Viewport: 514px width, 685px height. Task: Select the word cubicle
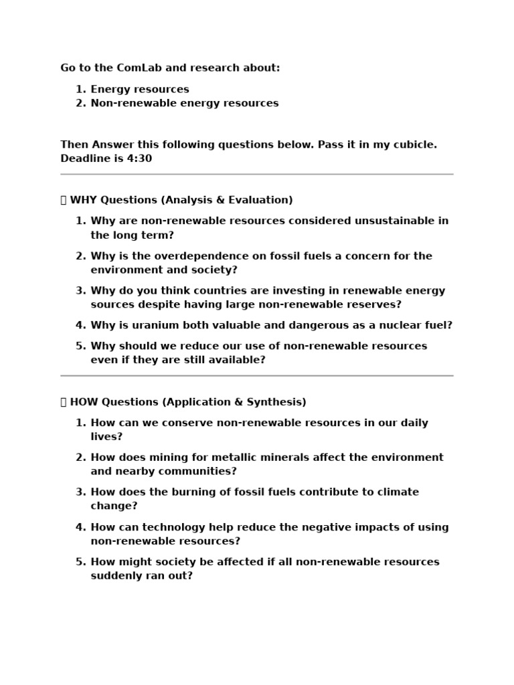pos(408,144)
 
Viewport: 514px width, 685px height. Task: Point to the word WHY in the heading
pos(84,200)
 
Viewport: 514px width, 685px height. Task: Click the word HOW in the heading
pos(84,402)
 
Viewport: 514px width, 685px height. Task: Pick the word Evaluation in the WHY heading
pos(261,200)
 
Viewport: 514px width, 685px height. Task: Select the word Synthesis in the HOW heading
pos(276,402)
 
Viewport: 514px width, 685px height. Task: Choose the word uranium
pos(149,325)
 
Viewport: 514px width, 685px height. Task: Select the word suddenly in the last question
pos(116,575)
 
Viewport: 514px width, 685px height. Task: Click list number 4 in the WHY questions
pos(80,325)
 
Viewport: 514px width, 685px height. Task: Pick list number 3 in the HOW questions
pos(80,492)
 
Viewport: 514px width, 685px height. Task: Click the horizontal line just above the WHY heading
pos(257,174)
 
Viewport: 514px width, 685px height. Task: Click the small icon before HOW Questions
pos(64,402)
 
